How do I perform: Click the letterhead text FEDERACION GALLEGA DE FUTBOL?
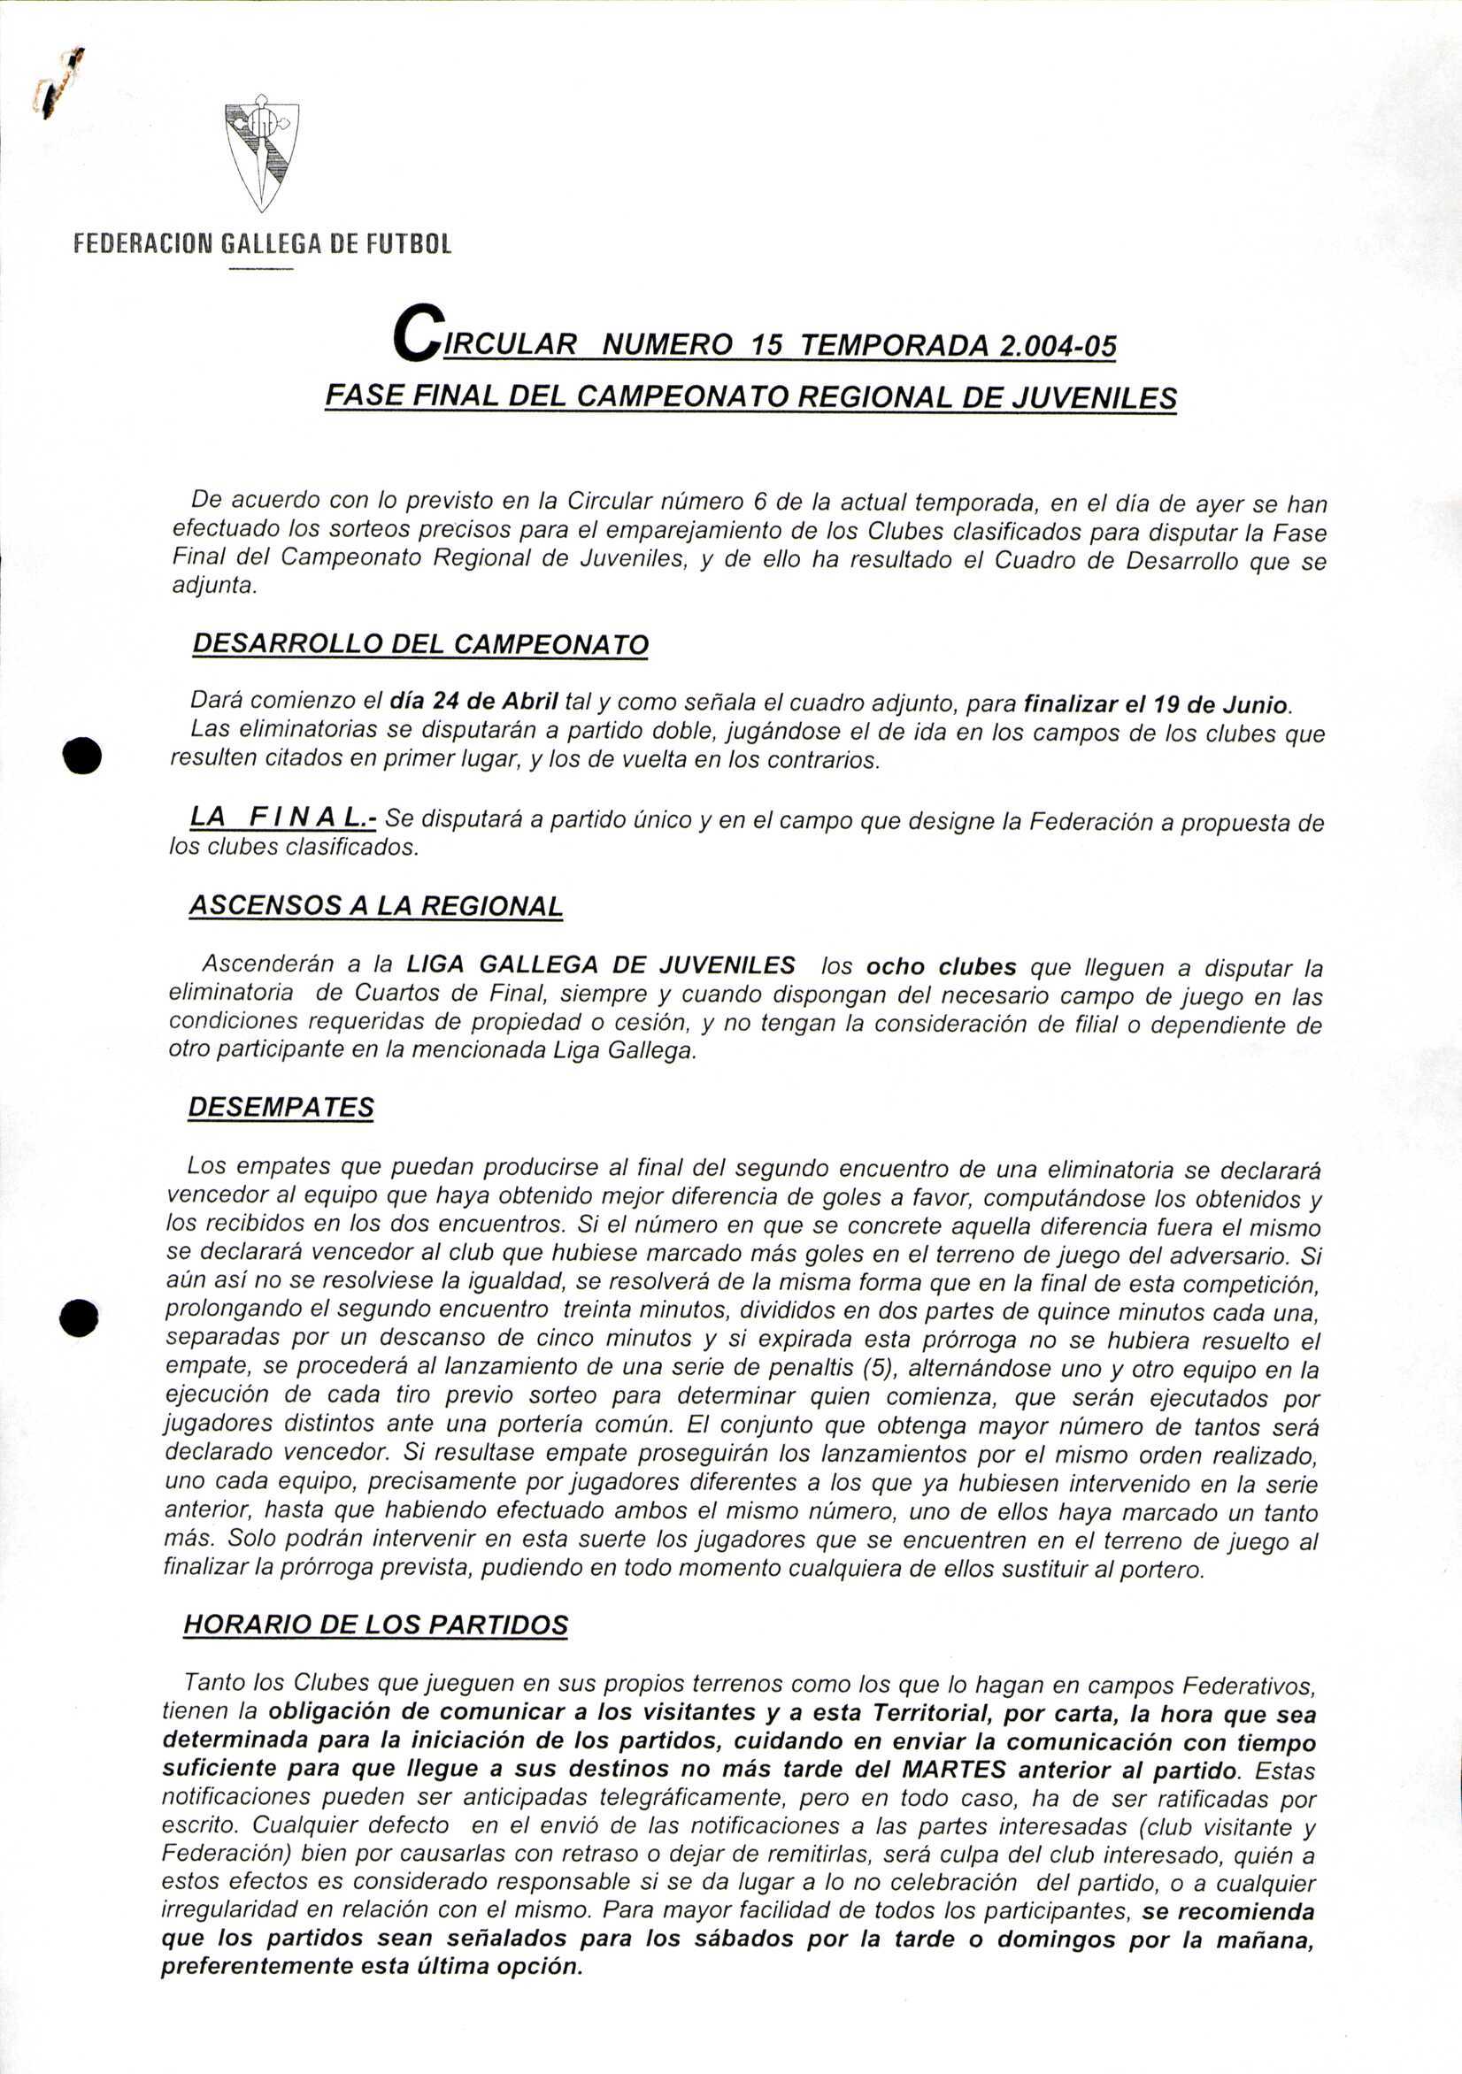(x=262, y=244)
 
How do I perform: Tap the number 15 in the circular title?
(x=767, y=345)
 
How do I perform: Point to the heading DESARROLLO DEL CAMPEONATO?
(x=420, y=644)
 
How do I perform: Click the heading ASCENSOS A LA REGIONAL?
(x=376, y=906)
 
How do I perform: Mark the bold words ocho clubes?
(x=941, y=967)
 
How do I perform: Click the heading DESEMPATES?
(x=281, y=1108)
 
